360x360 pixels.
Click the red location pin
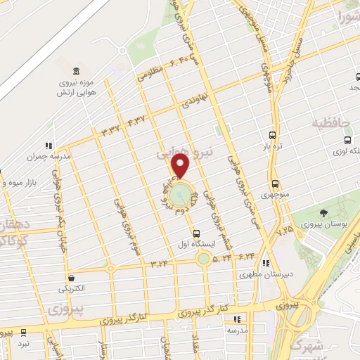181,166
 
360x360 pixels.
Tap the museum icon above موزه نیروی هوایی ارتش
76,70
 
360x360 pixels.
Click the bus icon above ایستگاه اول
196,234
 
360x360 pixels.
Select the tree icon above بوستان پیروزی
323,212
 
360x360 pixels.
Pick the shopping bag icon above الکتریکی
71,278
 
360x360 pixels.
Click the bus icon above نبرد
24,331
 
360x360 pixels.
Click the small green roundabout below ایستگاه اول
203,259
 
